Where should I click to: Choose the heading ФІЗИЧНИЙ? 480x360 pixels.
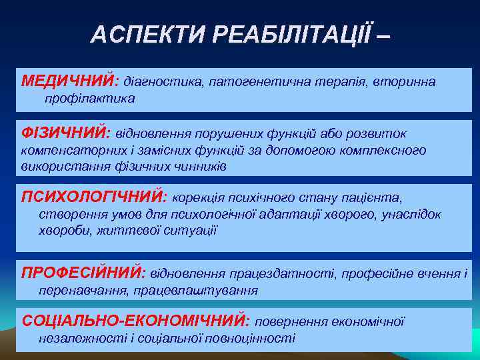pyautogui.click(x=64, y=133)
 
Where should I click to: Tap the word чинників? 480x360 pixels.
pyautogui.click(x=199, y=167)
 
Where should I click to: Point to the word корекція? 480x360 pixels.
pyautogui.click(x=197, y=197)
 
